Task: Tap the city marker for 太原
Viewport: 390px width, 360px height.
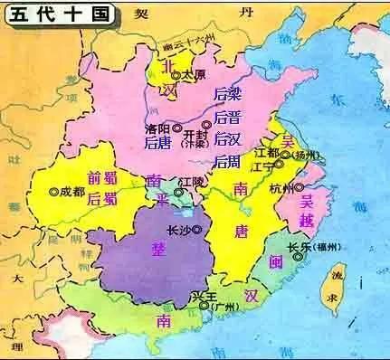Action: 176,74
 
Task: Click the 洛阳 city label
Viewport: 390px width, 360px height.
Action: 157,128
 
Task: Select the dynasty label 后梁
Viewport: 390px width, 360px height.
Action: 225,96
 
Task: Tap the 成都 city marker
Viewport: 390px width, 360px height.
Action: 53,192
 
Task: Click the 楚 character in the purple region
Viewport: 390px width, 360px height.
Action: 147,250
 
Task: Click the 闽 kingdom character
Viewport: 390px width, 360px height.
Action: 275,262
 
